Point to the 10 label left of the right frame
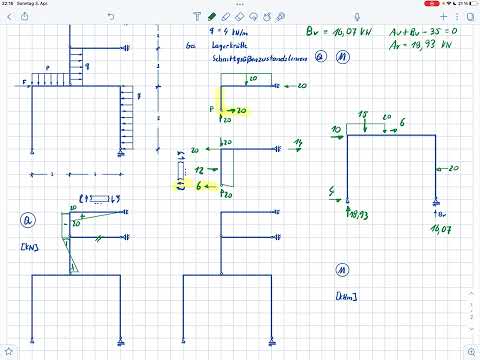coord(336,130)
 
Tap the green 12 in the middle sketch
coord(199,171)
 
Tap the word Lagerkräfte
coord(216,45)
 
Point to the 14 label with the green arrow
coord(297,144)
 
